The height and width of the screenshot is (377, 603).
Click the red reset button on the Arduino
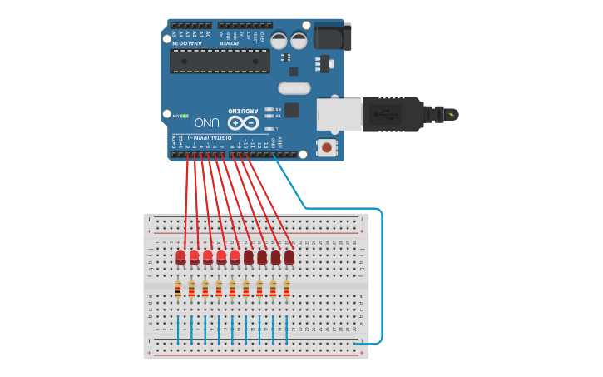pos(327,148)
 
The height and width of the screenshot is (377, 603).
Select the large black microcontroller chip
pos(220,60)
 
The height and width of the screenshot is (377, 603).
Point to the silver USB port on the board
pos(339,114)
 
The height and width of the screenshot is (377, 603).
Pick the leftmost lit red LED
pos(180,257)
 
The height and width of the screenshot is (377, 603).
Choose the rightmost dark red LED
pos(289,257)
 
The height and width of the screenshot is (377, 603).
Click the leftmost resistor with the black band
pos(178,290)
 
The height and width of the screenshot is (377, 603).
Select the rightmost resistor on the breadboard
pos(286,290)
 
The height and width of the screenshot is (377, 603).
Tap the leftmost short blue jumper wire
pos(178,329)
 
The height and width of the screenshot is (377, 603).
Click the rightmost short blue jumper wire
pos(286,329)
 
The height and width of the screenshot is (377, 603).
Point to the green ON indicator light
pos(184,116)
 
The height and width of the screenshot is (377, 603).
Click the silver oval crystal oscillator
pos(294,87)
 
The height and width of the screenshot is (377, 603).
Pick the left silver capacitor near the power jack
pos(279,40)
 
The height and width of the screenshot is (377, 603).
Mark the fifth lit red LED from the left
pos(235,257)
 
